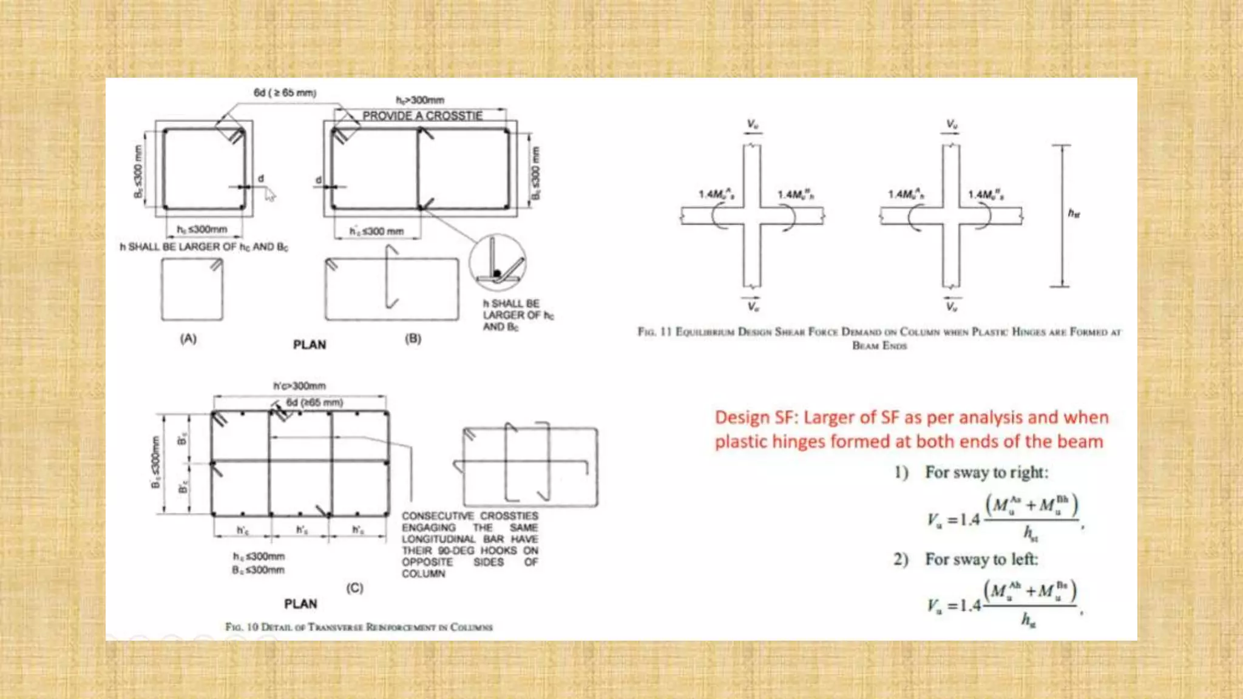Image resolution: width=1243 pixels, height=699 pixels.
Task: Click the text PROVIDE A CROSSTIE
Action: click(422, 116)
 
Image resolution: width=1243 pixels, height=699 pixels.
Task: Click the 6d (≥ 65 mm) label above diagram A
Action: click(285, 93)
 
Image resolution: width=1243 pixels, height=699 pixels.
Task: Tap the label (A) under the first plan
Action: click(188, 339)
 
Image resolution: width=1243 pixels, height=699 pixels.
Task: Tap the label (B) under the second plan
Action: click(413, 339)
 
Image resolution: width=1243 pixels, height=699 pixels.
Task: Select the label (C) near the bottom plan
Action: click(354, 588)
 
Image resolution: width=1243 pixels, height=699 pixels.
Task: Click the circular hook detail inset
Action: click(497, 263)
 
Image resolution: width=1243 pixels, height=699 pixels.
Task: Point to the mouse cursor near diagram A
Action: click(269, 194)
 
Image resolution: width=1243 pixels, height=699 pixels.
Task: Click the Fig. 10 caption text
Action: click(359, 627)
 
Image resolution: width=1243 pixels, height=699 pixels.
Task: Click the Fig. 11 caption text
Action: click(879, 332)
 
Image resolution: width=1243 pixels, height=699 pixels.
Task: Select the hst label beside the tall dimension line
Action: click(1074, 214)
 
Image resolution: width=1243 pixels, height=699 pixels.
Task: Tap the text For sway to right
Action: click(986, 472)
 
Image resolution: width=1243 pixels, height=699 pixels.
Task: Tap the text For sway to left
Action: click(981, 559)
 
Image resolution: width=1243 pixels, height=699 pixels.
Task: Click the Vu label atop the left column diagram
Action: click(752, 124)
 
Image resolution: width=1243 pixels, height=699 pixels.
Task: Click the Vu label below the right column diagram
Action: click(952, 307)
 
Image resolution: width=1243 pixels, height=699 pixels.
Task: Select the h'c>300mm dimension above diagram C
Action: click(299, 386)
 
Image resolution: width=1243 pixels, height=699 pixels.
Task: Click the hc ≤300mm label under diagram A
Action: click(202, 229)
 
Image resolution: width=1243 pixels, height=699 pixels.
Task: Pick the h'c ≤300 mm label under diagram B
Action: click(376, 231)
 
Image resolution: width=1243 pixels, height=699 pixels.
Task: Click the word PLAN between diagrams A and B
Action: click(310, 345)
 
